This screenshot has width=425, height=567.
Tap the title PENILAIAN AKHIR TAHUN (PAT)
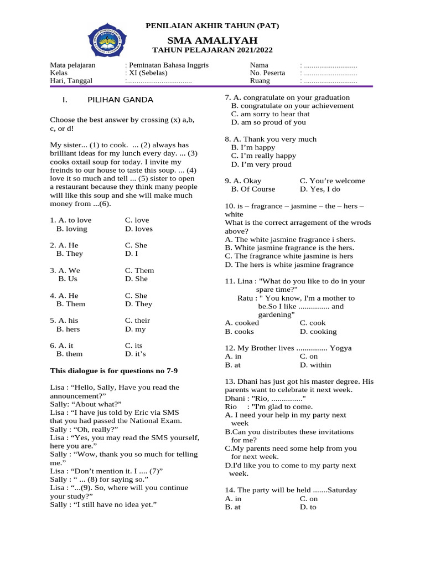[x=212, y=26]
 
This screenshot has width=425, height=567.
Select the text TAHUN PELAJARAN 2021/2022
[x=212, y=50]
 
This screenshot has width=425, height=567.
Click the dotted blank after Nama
[x=329, y=65]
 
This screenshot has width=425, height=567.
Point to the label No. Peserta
[x=267, y=73]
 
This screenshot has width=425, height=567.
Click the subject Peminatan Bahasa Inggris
[x=168, y=65]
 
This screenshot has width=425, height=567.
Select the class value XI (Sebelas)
[x=148, y=73]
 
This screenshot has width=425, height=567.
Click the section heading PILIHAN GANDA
[x=120, y=100]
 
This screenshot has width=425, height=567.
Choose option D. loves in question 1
[x=139, y=229]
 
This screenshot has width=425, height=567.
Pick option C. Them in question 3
[x=139, y=271]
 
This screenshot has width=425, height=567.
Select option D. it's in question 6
[x=136, y=354]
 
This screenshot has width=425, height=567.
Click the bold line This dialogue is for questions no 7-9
[x=114, y=370]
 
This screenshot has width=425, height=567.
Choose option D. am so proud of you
[x=268, y=122]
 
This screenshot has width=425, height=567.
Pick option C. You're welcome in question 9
[x=332, y=181]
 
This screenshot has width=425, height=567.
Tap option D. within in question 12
[x=315, y=365]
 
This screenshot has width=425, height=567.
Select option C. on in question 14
[x=308, y=498]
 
